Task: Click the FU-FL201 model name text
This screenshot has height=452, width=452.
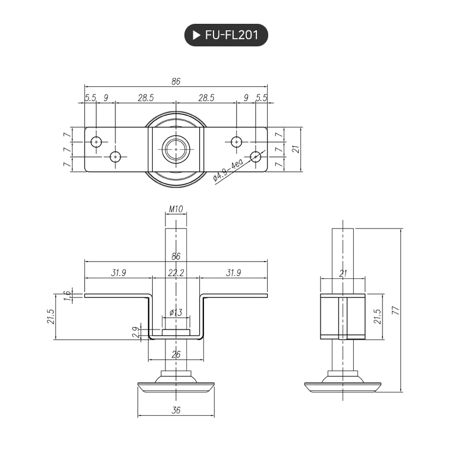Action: pos(231,35)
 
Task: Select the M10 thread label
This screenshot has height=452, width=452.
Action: pos(175,209)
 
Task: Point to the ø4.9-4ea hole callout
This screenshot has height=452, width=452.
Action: pos(228,171)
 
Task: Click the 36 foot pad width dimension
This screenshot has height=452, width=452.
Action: pos(175,410)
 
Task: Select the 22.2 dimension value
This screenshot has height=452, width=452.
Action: pos(175,273)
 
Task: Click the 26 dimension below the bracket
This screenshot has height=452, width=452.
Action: pos(175,355)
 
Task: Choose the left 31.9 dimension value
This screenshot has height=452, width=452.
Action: pos(118,273)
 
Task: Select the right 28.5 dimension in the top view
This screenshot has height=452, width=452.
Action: pos(206,98)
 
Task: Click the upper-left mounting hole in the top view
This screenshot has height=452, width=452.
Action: pos(97,142)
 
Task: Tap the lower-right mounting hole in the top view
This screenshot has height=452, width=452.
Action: pos(256,156)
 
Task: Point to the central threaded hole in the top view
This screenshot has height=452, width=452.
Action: pos(176,149)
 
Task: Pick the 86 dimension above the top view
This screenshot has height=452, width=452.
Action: pos(175,81)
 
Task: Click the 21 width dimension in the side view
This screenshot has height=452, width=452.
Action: pos(343,273)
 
